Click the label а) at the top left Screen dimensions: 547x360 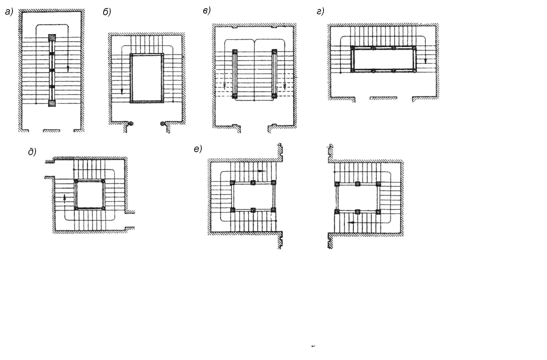point(9,12)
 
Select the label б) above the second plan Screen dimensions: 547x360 point(107,12)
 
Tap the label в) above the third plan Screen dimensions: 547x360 point(207,11)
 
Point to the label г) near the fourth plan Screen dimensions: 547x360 point(320,11)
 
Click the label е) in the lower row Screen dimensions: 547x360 point(198,149)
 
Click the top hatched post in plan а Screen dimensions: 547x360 point(52,38)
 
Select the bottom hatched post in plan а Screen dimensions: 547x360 point(52,103)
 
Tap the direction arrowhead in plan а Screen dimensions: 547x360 point(68,69)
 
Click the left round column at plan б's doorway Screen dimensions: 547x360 point(131,123)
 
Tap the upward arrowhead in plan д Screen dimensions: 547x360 point(65,198)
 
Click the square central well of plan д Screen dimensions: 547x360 point(89,195)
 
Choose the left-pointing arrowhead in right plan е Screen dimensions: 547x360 point(352,223)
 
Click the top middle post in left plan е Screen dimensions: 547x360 point(253,183)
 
